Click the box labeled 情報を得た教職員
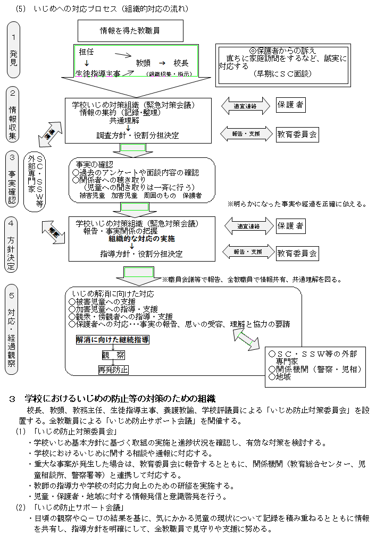pyautogui.click(x=130, y=31)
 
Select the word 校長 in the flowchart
pyautogui.click(x=181, y=63)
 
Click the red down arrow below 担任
pyautogui.click(x=86, y=63)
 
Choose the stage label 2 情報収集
pyautogui.click(x=13, y=114)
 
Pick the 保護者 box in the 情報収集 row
pyautogui.click(x=291, y=105)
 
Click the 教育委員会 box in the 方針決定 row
pyautogui.click(x=297, y=253)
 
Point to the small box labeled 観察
pyautogui.click(x=113, y=355)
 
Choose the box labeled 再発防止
pyautogui.click(x=113, y=370)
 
